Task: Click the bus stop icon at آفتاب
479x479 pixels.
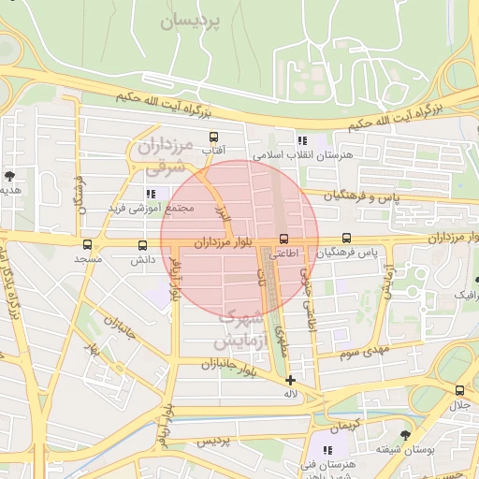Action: point(214,138)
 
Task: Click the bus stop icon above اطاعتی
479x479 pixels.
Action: point(284,239)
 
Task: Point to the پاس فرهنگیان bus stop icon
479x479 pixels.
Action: point(347,239)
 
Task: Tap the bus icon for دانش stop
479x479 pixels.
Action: point(142,245)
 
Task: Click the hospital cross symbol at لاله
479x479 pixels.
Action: point(291,380)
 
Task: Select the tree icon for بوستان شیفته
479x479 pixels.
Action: point(404,435)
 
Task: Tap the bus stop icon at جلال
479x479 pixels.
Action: point(459,391)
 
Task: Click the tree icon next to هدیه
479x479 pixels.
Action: point(9,175)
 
